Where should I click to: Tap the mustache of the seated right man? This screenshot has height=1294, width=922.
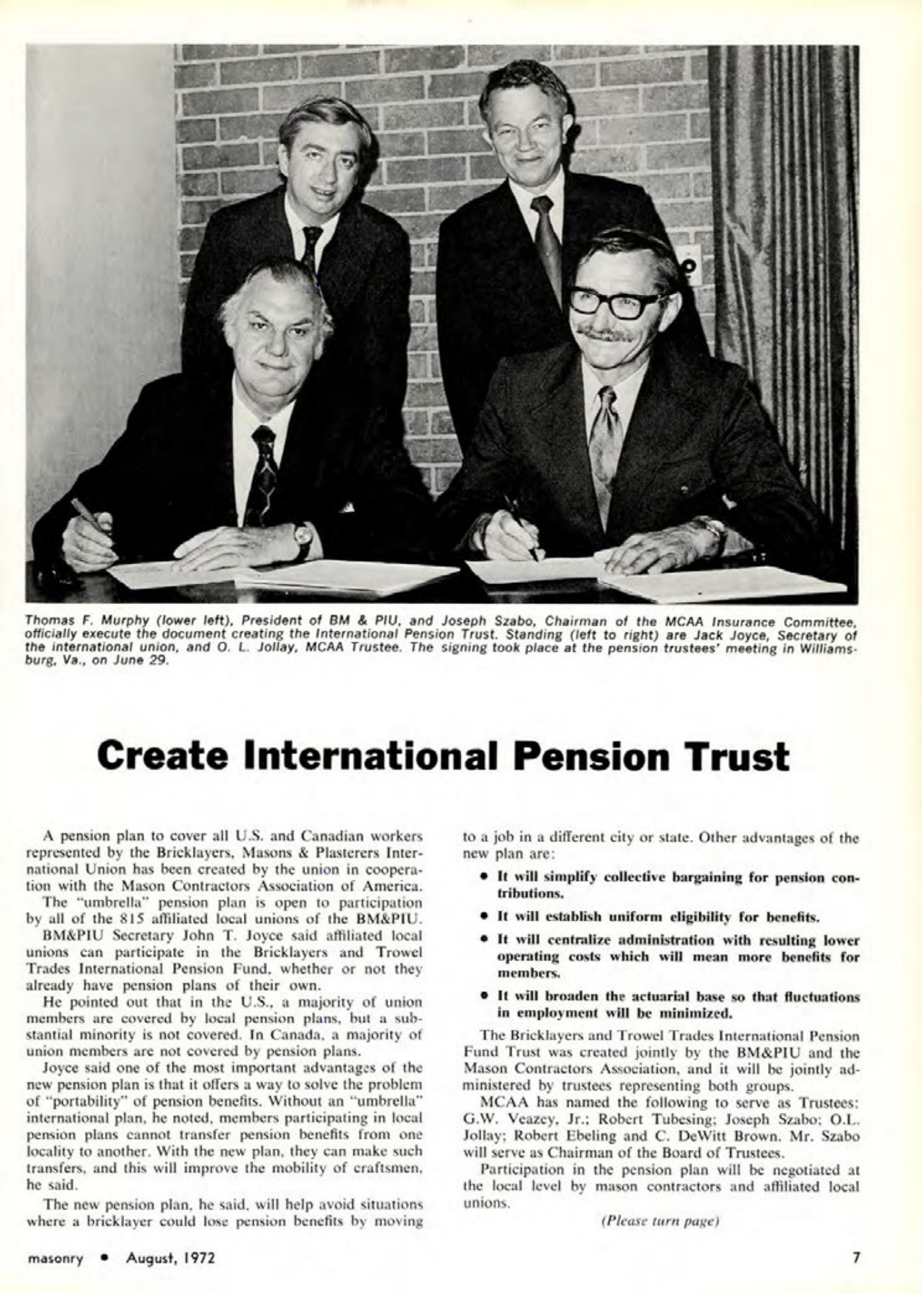pos(605,334)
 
